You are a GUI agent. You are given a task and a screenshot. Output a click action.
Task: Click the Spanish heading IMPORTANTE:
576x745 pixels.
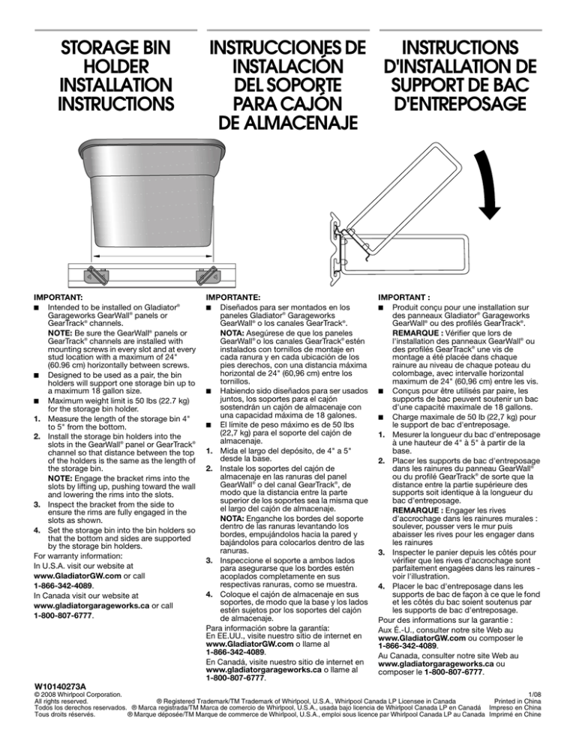tap(230, 298)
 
